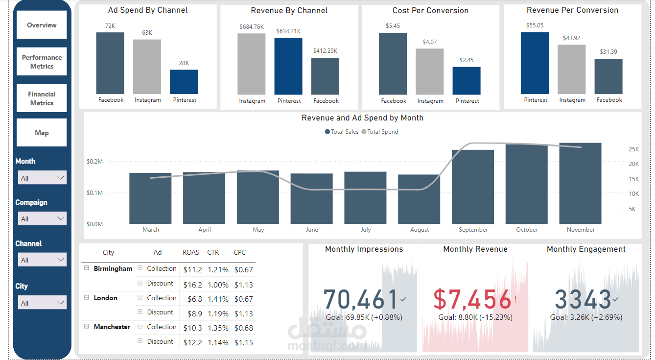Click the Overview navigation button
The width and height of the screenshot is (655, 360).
[42, 25]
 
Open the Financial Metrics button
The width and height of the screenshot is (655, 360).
[42, 98]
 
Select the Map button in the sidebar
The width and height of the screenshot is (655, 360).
[42, 133]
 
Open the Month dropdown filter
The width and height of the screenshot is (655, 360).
[42, 178]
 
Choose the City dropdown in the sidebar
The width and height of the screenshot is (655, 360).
[42, 303]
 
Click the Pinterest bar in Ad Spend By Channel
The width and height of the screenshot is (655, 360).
[184, 82]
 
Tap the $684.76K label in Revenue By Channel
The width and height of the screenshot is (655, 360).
[252, 27]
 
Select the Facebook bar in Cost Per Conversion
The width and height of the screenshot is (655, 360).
[393, 64]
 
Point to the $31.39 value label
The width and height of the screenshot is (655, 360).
[608, 52]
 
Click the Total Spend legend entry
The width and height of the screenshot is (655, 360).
[382, 132]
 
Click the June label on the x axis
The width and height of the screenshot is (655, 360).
[312, 230]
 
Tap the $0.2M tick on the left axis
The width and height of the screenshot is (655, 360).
[94, 162]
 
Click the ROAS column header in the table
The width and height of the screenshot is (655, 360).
[191, 253]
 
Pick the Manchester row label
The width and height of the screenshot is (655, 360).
[112, 327]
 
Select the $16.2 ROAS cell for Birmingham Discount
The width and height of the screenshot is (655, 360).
[192, 285]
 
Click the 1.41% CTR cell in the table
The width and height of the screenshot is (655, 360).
[218, 299]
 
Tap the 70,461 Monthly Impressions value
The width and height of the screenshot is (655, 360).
[361, 299]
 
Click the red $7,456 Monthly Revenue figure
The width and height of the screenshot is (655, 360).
[472, 299]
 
